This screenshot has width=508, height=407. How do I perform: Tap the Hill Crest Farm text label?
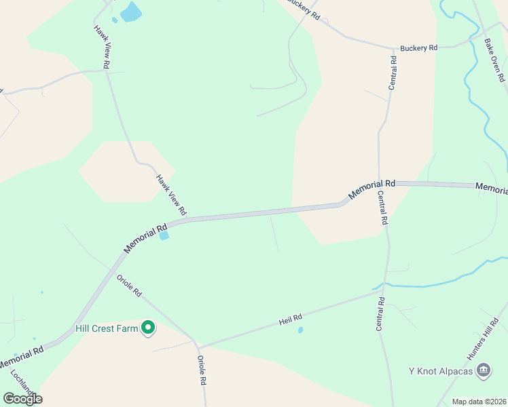click(x=106, y=329)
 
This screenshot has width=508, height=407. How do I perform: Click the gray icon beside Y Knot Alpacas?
click(x=484, y=370)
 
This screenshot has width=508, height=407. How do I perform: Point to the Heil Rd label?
click(x=290, y=317)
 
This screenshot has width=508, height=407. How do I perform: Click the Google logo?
click(x=22, y=398)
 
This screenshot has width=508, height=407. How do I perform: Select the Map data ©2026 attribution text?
click(x=478, y=402)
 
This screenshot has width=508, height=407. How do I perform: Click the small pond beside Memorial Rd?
click(x=164, y=236)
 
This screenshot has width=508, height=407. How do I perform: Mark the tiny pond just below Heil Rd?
click(x=300, y=330)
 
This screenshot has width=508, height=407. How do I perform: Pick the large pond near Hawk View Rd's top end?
click(x=130, y=12)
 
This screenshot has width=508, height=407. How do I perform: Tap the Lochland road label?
click(x=22, y=381)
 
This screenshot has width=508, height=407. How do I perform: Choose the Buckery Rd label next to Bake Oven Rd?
click(x=419, y=48)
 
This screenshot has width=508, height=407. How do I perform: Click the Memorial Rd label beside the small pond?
click(x=145, y=239)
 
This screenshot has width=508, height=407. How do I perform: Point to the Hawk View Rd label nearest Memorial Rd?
click(x=171, y=193)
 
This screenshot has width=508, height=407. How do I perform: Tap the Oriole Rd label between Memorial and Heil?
click(x=128, y=284)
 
